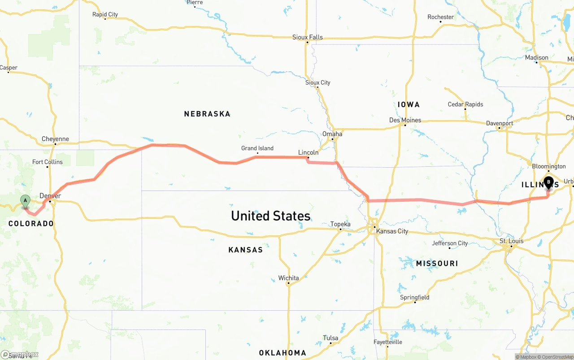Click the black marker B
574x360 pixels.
[x=548, y=183]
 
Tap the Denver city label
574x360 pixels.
[x=50, y=196]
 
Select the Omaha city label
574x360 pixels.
[x=332, y=134]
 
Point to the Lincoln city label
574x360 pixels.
[x=308, y=152]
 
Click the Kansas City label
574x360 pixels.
[x=392, y=231]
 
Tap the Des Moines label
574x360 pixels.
[x=405, y=120]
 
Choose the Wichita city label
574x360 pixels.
[x=288, y=278]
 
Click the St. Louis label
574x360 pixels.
[x=511, y=241]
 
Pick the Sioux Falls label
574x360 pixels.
[x=307, y=37]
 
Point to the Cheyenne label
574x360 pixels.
[x=55, y=139]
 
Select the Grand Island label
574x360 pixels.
[x=257, y=148]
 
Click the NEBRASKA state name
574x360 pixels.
[x=207, y=114]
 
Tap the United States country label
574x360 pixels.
[x=270, y=216]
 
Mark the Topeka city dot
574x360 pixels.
[x=340, y=230]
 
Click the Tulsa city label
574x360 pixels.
[x=330, y=338]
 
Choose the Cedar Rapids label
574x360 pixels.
[x=465, y=104]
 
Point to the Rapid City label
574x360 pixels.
[x=105, y=14]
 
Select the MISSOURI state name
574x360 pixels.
[x=437, y=263]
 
